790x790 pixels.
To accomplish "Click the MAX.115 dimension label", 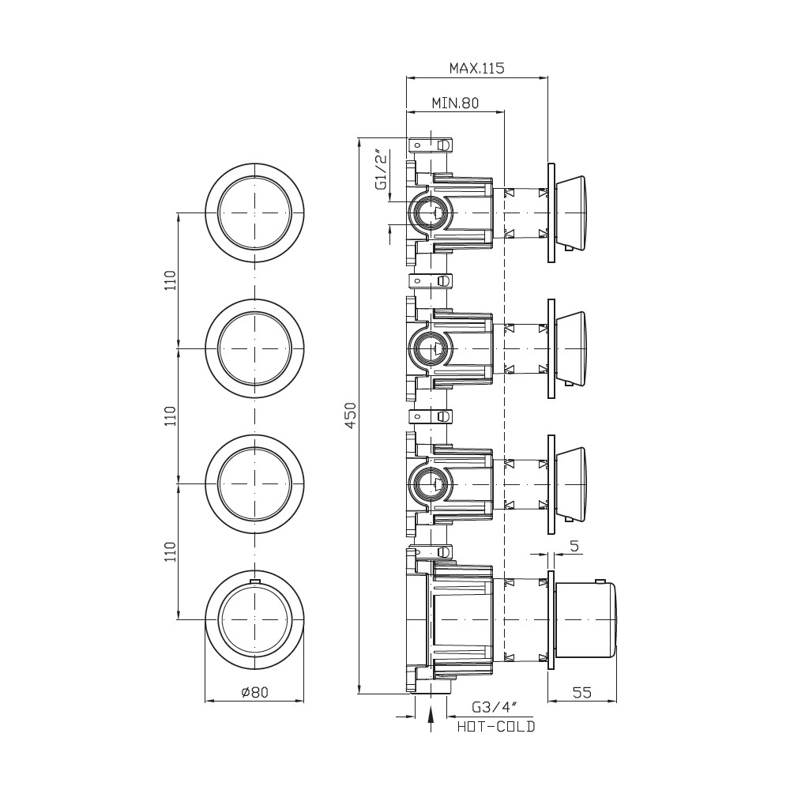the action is pyautogui.click(x=476, y=68).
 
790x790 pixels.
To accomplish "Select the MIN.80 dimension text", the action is pyautogui.click(x=456, y=103).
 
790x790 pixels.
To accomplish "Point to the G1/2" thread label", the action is pyautogui.click(x=382, y=169).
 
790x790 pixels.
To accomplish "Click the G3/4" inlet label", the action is pyautogui.click(x=495, y=707).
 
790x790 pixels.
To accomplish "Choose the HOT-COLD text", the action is pyautogui.click(x=496, y=727).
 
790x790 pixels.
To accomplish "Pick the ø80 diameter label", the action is pyautogui.click(x=255, y=692).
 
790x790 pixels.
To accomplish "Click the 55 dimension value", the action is pyautogui.click(x=582, y=692).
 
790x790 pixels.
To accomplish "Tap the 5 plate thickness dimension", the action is pyautogui.click(x=575, y=546).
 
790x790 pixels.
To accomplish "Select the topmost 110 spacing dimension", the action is pyautogui.click(x=171, y=280).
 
